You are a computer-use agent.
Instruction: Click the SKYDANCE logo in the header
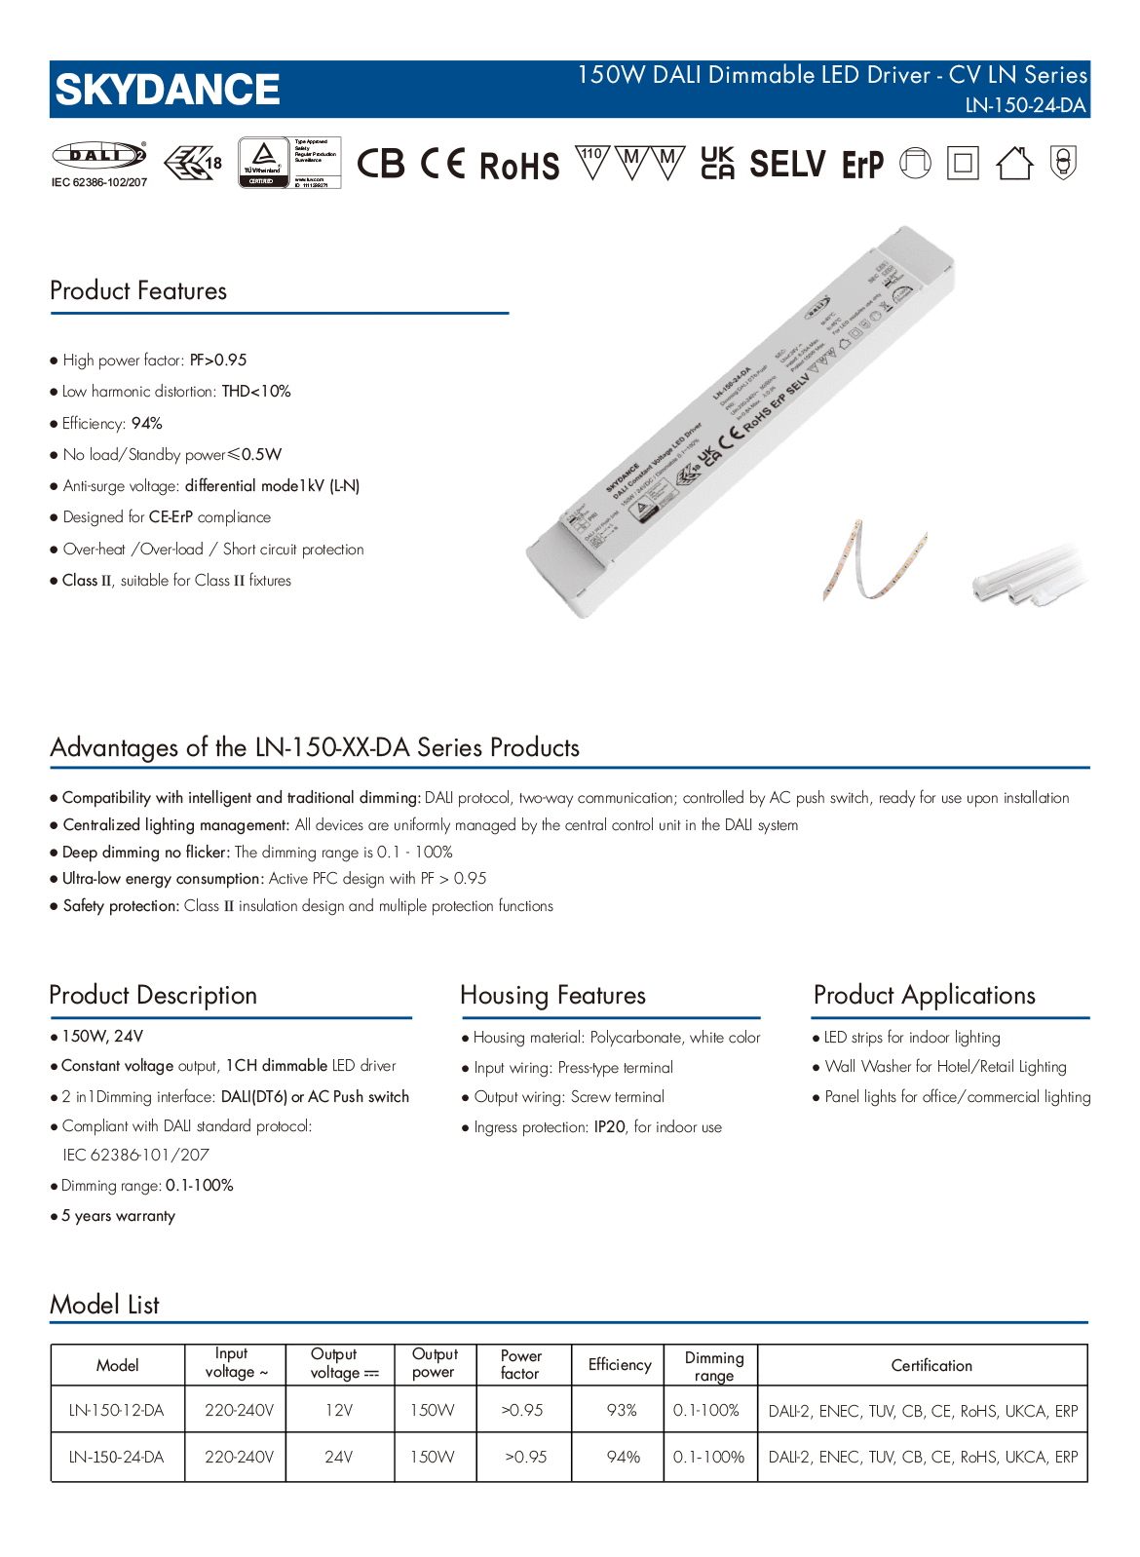click(168, 90)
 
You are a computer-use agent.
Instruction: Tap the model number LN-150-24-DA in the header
click(1025, 105)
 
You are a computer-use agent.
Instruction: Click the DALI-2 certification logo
click(98, 155)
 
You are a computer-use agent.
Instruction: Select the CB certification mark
click(380, 164)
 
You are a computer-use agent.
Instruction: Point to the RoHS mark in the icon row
click(519, 166)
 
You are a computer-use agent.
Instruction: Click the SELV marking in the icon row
click(787, 164)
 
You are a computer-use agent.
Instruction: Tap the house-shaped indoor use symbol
click(1014, 164)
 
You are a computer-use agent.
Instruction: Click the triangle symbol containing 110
click(591, 161)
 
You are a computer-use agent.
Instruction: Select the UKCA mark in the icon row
click(718, 164)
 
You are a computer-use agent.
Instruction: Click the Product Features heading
click(138, 290)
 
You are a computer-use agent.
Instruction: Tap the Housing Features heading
click(552, 995)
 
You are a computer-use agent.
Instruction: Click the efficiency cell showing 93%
click(622, 1410)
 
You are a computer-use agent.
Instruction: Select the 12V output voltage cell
click(339, 1410)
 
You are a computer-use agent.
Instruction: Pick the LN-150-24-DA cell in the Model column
click(117, 1457)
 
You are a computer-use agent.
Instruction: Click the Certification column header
click(931, 1365)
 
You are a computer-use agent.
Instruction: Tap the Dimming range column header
click(713, 1366)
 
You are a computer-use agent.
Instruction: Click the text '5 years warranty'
click(118, 1216)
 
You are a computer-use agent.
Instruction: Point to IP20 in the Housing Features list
click(610, 1127)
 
